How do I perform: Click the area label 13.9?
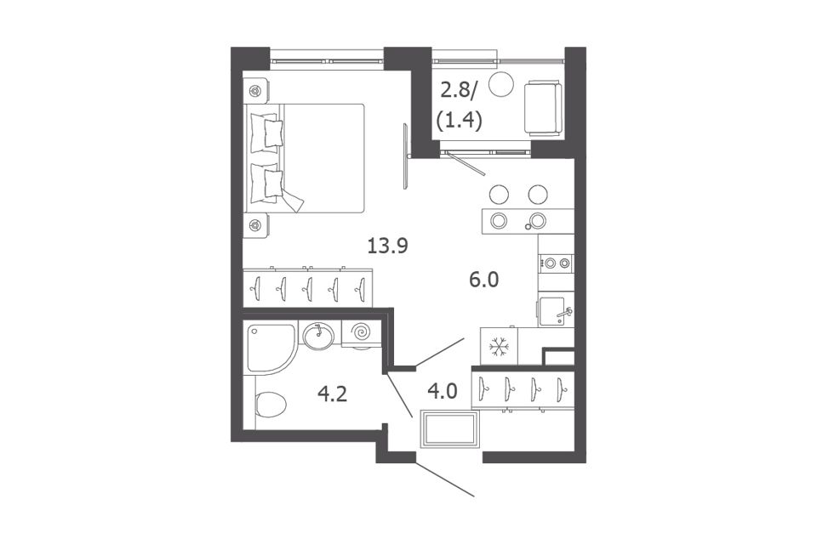coord(387,245)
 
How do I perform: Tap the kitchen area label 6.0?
coord(483,280)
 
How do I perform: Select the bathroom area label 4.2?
coord(333,394)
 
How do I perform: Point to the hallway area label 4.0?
coord(442,390)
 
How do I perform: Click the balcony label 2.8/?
coord(459,91)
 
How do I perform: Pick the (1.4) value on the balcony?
coord(459,121)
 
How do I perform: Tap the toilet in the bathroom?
coord(271,405)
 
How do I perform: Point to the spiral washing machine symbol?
coord(361,332)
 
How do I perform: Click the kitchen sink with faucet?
coord(556,312)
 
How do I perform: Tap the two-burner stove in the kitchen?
coord(557,263)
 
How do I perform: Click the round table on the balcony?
coord(502,84)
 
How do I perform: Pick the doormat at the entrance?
coord(449,429)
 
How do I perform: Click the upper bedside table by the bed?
coord(255,91)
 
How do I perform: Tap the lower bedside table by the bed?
coord(255,225)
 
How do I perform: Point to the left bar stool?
coord(499,194)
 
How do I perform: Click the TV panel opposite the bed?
coord(405,156)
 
